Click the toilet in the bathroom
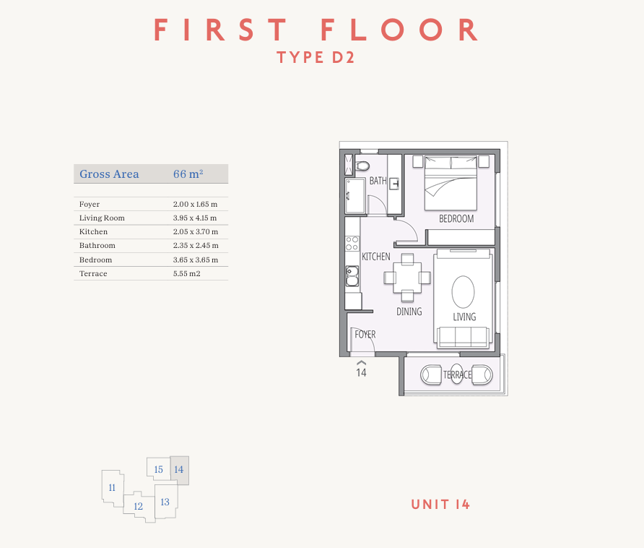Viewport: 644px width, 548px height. (362, 166)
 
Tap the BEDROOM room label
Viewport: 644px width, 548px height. (456, 218)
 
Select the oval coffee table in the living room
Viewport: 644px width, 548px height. (463, 291)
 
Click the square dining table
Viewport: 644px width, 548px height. (407, 278)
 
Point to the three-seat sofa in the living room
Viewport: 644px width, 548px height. (463, 338)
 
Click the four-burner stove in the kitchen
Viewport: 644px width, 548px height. (352, 243)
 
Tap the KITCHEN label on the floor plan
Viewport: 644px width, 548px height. (376, 257)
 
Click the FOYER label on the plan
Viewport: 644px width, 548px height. (365, 334)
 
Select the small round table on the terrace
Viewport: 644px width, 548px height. (457, 374)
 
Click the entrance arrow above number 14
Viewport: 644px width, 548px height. (362, 362)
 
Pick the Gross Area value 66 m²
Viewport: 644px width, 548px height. (188, 174)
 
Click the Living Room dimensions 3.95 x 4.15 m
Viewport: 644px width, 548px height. (195, 218)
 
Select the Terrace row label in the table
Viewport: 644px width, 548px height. (93, 273)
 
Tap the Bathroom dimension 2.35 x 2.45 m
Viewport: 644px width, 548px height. (196, 246)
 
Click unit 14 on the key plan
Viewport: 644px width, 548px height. (180, 470)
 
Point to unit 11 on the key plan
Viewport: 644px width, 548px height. (113, 488)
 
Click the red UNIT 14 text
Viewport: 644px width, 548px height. (440, 505)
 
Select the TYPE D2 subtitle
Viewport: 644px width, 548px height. (316, 58)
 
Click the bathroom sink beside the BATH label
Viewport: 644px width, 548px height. (394, 184)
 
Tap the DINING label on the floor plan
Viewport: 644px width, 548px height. (409, 312)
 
